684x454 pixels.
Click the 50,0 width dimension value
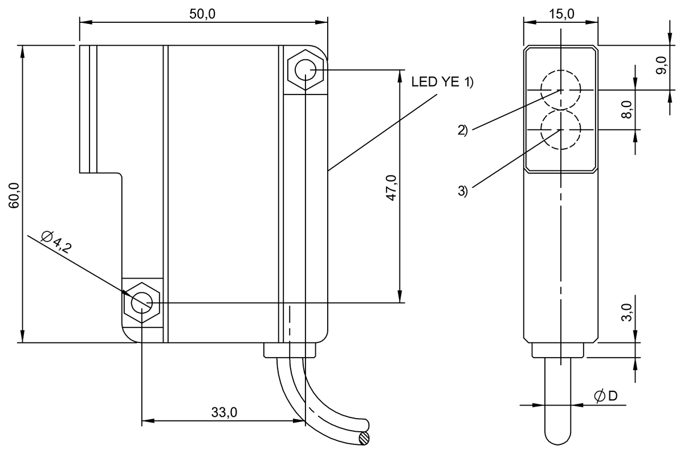[x=202, y=14]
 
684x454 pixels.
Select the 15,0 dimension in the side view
[x=561, y=14]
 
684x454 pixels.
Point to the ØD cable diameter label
[x=605, y=396]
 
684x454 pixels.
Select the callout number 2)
[x=462, y=130]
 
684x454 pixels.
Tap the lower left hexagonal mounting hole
[x=141, y=302]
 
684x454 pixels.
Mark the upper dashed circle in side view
[x=561, y=90]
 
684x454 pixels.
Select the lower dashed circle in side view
[x=561, y=130]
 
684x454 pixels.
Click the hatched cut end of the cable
[x=364, y=437]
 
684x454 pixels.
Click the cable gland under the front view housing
[x=290, y=350]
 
